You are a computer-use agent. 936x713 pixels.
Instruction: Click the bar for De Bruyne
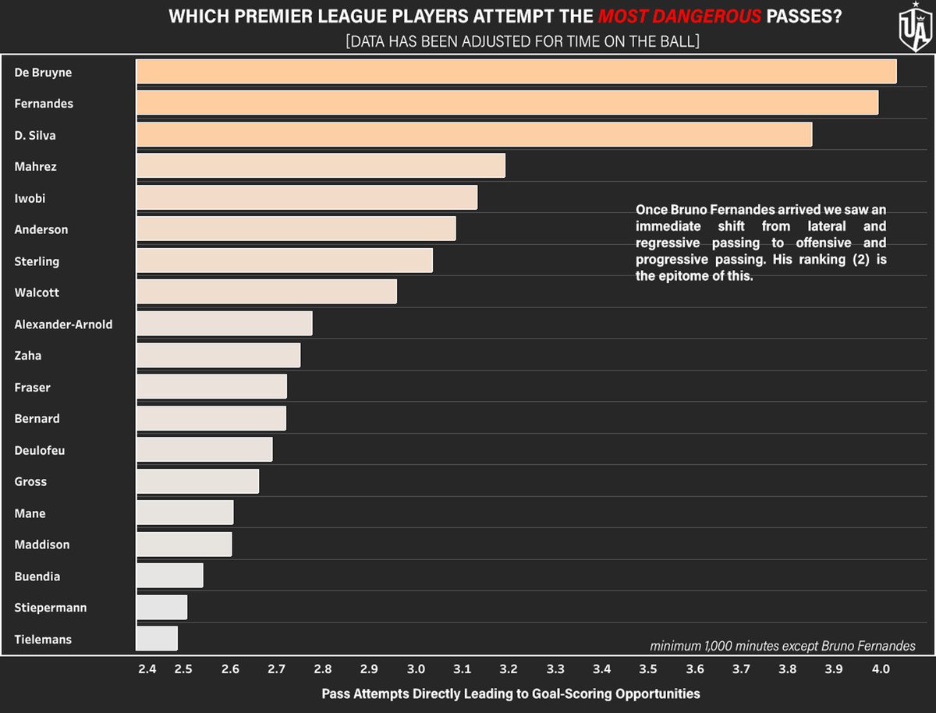pyautogui.click(x=516, y=71)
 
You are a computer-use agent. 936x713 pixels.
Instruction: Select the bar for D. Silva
pyautogui.click(x=474, y=134)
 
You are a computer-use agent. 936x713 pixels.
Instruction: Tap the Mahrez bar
pyautogui.click(x=321, y=165)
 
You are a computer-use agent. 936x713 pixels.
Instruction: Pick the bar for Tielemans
pyautogui.click(x=157, y=638)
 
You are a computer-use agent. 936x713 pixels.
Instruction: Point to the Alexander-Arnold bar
pyautogui.click(x=225, y=323)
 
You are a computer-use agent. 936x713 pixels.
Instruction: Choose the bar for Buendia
pyautogui.click(x=170, y=575)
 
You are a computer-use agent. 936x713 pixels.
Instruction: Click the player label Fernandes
pyautogui.click(x=44, y=104)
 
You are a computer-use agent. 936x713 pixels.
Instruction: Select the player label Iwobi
pyautogui.click(x=30, y=198)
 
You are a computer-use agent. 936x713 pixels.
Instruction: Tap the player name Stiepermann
pyautogui.click(x=51, y=608)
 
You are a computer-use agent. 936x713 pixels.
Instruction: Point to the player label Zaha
pyautogui.click(x=28, y=356)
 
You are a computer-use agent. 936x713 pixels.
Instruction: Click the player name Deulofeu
pyautogui.click(x=40, y=450)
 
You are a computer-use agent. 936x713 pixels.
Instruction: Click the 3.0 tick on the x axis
pyautogui.click(x=416, y=669)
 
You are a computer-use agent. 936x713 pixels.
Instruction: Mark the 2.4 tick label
pyautogui.click(x=147, y=669)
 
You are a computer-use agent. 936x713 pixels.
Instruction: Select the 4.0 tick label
pyautogui.click(x=881, y=669)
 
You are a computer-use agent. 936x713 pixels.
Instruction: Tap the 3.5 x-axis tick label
pyautogui.click(x=647, y=669)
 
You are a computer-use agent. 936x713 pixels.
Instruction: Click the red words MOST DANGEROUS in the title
pyautogui.click(x=679, y=16)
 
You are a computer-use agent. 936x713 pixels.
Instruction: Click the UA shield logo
pyautogui.click(x=915, y=27)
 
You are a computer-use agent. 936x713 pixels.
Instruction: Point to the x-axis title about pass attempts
pyautogui.click(x=511, y=693)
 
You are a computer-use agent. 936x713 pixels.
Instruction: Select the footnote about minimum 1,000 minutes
pyautogui.click(x=782, y=646)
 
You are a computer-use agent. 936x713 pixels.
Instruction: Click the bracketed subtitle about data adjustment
pyautogui.click(x=523, y=41)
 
